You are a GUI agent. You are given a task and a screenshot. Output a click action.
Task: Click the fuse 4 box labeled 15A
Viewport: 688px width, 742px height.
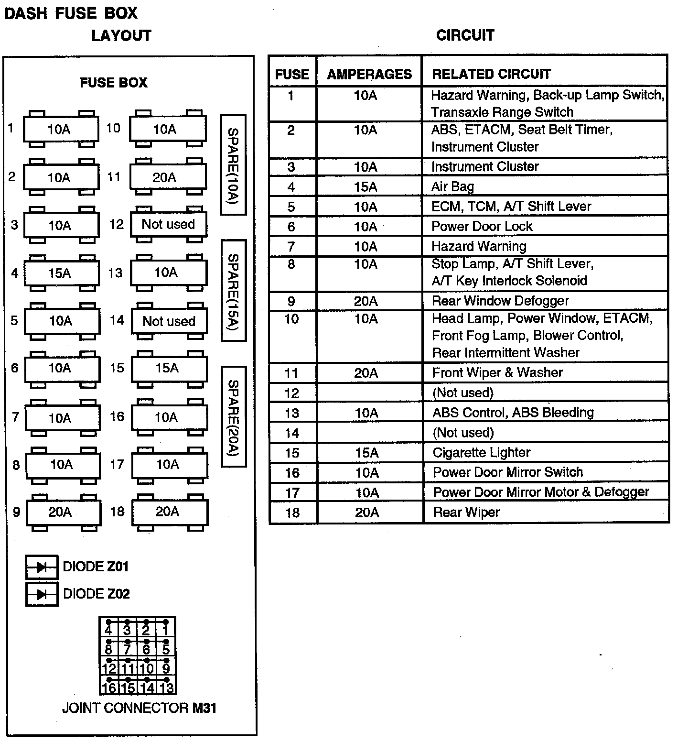[62, 273]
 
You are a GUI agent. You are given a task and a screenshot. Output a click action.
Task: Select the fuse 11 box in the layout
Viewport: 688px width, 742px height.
[168, 177]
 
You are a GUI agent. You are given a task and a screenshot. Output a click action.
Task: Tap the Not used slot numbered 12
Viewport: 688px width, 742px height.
[168, 224]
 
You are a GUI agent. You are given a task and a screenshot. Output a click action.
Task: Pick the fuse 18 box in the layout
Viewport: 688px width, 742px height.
[170, 512]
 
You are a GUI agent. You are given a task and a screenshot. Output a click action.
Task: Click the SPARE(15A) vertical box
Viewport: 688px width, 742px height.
[233, 290]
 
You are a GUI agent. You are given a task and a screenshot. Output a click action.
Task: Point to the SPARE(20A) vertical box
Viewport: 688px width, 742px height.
[233, 416]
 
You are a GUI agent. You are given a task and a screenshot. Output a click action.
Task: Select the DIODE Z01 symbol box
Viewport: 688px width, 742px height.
[42, 567]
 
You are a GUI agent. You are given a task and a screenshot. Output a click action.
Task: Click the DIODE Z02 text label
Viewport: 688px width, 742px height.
[97, 594]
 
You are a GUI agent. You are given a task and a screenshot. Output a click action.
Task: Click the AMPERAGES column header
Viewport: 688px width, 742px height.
[369, 74]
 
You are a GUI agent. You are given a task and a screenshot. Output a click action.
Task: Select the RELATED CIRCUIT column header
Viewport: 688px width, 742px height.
[491, 74]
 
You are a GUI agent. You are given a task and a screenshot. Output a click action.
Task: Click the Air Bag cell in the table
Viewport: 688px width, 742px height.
[452, 186]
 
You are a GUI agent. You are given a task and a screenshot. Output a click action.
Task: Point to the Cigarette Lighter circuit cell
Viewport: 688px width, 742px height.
[481, 452]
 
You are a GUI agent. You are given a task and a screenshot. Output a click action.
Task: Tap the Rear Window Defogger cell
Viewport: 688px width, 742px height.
[500, 301]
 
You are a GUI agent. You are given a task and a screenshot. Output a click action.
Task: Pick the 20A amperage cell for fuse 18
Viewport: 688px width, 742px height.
[367, 513]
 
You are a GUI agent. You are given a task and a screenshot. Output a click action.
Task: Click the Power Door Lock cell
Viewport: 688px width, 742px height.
[482, 226]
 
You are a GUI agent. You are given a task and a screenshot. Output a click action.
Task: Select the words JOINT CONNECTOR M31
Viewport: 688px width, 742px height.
[139, 708]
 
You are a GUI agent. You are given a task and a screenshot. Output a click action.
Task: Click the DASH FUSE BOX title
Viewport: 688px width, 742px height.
[71, 13]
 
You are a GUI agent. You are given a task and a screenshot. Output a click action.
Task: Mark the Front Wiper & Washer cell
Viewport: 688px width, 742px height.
[497, 372]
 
